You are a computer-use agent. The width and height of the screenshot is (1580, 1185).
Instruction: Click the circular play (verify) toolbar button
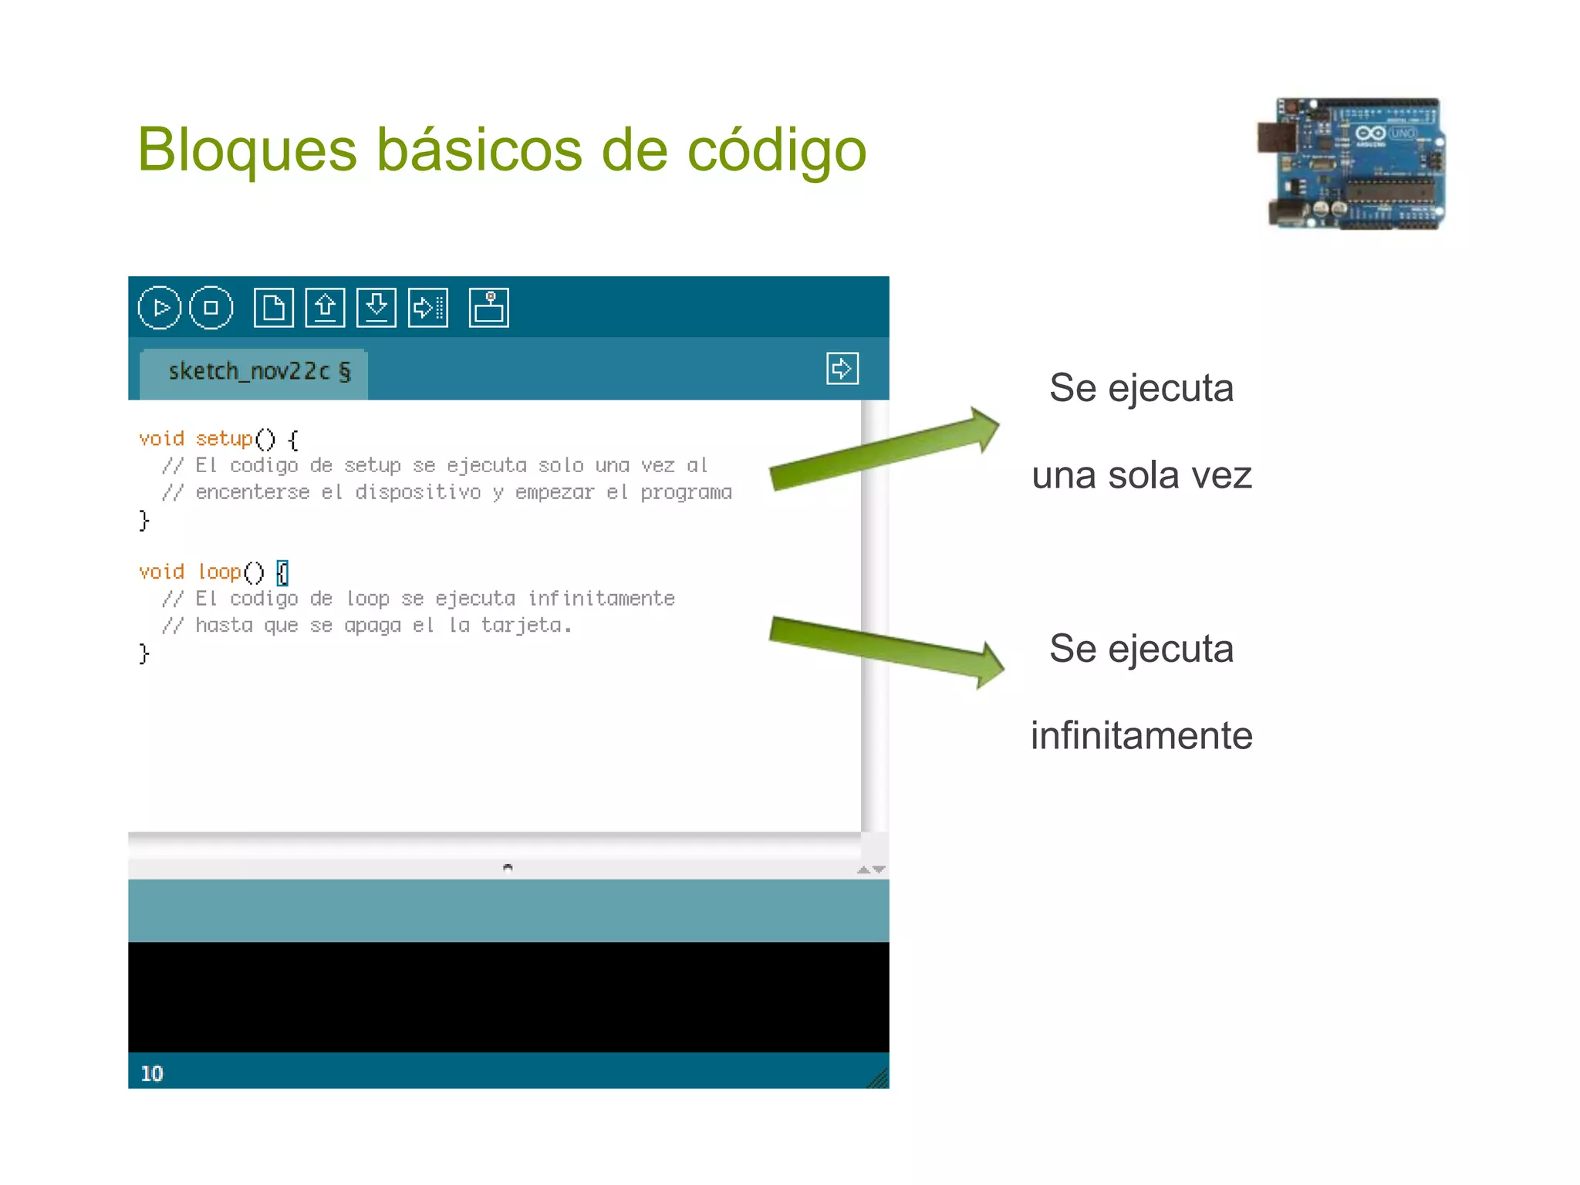[159, 308]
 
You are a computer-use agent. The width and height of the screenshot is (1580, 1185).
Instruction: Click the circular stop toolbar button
[211, 308]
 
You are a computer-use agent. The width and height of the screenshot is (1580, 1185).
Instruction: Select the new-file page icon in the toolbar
[273, 308]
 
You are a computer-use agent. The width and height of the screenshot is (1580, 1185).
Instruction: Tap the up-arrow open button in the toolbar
[325, 308]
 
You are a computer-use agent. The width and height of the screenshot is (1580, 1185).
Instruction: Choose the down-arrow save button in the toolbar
[376, 308]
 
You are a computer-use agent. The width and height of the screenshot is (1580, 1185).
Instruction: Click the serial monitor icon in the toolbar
[488, 308]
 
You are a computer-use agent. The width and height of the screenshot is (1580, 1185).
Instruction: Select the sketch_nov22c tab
[255, 372]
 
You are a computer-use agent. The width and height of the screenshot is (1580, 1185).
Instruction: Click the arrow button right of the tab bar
[842, 369]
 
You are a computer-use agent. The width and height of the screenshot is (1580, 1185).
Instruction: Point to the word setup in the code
[224, 439]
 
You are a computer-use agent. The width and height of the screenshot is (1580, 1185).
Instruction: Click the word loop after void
[220, 572]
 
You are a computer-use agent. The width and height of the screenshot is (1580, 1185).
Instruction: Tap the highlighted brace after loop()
[282, 572]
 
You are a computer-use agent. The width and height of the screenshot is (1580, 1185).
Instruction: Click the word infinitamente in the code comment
[601, 599]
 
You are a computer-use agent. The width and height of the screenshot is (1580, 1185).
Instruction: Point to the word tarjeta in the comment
[522, 625]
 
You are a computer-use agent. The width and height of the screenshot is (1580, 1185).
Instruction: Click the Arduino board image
[1352, 164]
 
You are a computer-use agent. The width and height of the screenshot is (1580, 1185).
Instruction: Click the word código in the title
[776, 150]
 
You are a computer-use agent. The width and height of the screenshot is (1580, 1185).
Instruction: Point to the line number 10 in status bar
[152, 1073]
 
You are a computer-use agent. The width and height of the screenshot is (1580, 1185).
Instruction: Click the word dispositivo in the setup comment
[417, 492]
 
